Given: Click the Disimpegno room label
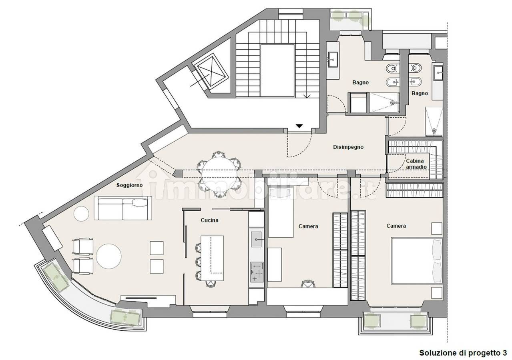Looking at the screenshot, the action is point(348,147).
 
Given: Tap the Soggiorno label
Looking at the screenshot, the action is point(129,185).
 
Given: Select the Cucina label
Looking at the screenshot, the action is point(209,220).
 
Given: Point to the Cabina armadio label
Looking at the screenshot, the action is point(416,164).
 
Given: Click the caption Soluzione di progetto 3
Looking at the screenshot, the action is point(463,353).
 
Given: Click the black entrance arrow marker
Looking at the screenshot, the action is point(299,126).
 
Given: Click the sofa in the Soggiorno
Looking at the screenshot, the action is point(123,208).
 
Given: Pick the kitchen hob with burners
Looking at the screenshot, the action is point(257,272).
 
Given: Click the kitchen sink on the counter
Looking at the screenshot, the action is point(256,239).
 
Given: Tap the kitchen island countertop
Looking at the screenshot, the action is point(212,258).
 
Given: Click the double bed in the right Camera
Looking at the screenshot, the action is point(417,261).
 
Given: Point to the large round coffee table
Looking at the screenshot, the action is point(108,256).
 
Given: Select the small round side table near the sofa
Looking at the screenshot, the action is point(81,214).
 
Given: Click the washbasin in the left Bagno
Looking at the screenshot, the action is point(333,60).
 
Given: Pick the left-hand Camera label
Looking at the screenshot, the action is point(308,226).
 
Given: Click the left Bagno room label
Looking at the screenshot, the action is point(360,82).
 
